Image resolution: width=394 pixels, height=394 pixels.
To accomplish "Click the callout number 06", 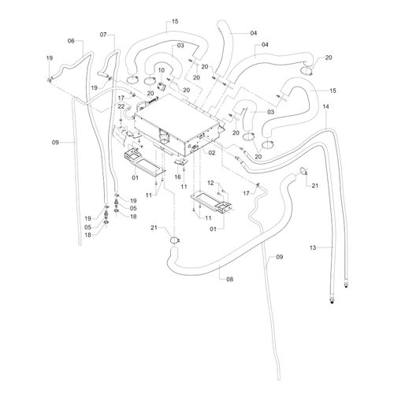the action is coord(71,41).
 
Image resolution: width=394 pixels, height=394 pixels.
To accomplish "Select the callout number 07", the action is coord(103,35).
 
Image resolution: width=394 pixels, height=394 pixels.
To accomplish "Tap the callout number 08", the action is coord(230,279).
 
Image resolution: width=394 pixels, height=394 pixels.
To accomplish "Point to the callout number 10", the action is coord(162,70).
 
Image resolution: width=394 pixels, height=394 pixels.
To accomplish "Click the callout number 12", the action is coord(210,183).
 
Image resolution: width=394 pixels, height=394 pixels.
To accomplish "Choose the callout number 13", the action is coord(313,247).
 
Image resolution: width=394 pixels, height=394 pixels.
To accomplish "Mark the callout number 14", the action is coord(325,106).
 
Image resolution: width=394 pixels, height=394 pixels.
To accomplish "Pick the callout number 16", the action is coord(177,177).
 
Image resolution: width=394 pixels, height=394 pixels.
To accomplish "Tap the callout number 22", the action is coord(121,106).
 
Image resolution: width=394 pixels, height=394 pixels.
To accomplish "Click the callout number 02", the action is coord(212,153).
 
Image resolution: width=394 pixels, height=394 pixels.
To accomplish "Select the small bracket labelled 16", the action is coord(181,162).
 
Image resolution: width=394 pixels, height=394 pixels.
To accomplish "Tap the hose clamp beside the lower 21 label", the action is coord(174,240).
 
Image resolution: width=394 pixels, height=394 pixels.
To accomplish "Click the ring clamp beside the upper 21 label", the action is coord(303,170).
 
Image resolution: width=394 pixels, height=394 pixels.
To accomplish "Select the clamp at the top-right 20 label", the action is coord(306,70).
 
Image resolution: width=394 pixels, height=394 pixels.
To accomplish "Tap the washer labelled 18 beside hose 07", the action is coord(117,211).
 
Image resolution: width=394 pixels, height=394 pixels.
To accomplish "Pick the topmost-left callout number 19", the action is coord(50,58).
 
